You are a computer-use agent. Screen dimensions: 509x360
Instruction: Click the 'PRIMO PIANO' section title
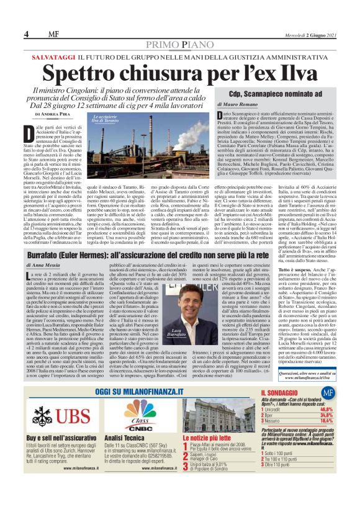pos(180,44)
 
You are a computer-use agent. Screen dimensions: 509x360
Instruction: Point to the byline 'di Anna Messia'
pos(40,265)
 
